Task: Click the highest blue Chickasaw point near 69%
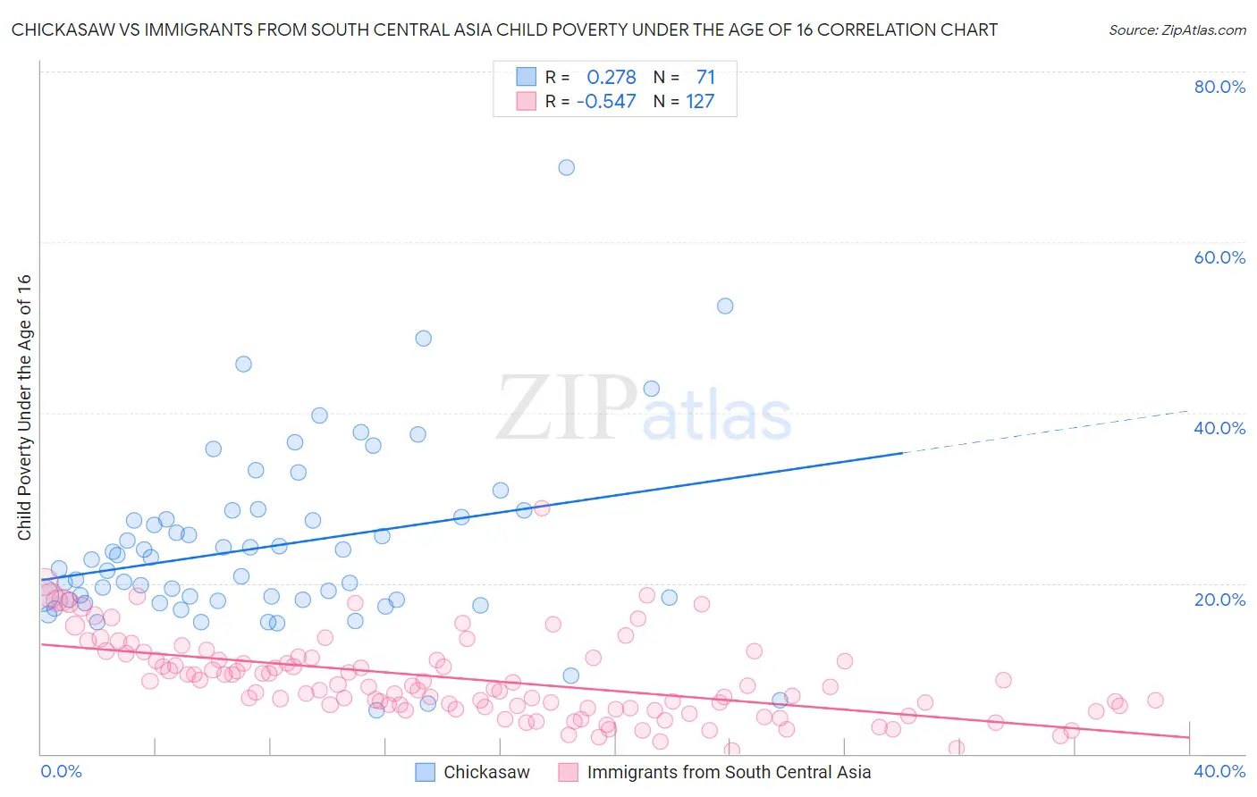tap(566, 167)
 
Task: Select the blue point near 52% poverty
tap(725, 306)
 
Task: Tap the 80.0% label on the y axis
tap(1219, 87)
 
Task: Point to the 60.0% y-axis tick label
tap(1219, 257)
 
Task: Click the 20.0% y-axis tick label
tap(1219, 600)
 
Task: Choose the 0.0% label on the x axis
tap(61, 771)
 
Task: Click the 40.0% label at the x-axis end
tap(1219, 771)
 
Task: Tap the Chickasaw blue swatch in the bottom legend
tap(426, 772)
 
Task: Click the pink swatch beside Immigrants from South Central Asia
tap(569, 772)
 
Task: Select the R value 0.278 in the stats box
tap(612, 77)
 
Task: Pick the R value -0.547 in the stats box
tap(606, 101)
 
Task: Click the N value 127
tap(700, 101)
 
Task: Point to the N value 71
tap(705, 77)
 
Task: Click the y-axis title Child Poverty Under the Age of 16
tap(24, 407)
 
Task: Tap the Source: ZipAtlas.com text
tap(1177, 29)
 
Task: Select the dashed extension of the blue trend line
tap(1046, 432)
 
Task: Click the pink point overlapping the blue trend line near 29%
tap(541, 508)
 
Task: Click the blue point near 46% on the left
tap(243, 364)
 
